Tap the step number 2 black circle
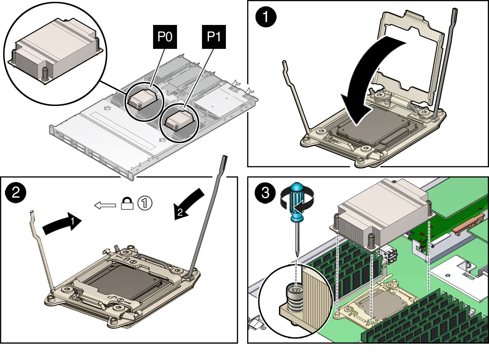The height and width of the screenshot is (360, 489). [x=15, y=192]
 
